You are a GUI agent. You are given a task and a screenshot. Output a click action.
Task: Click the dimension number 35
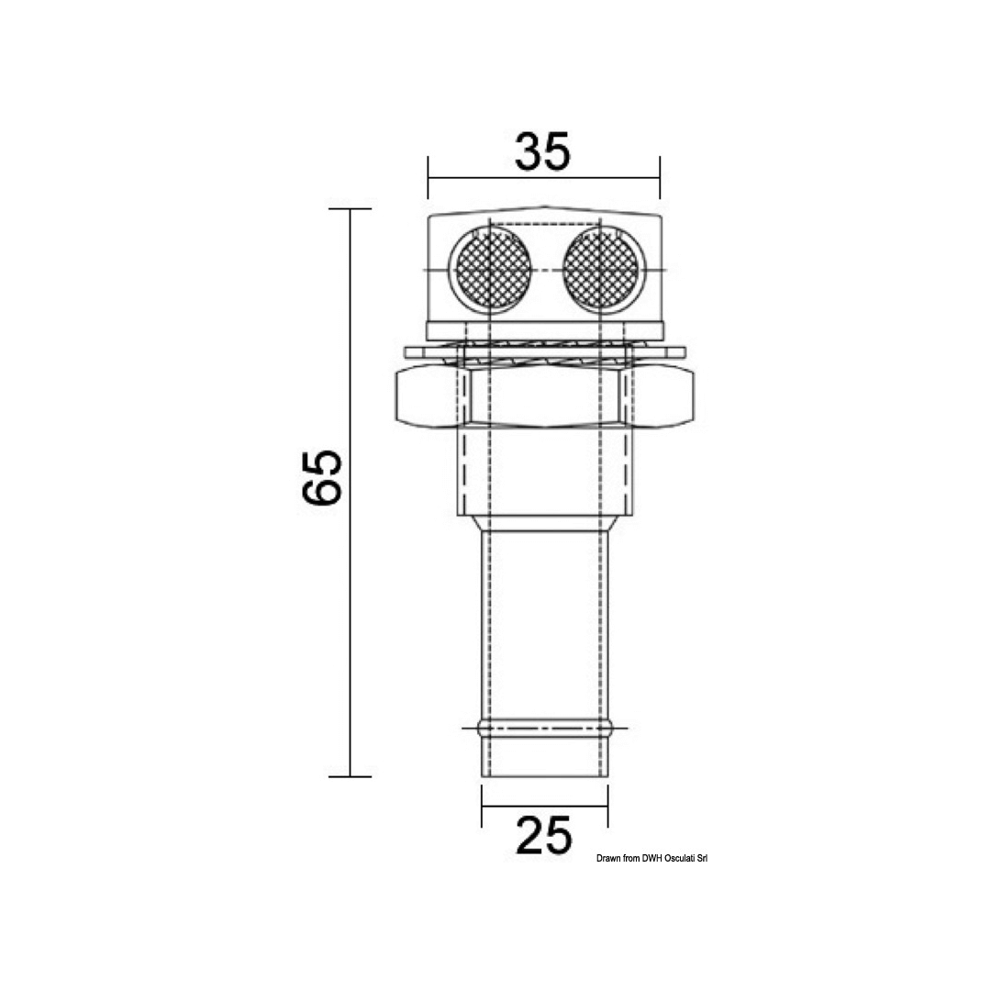point(543,151)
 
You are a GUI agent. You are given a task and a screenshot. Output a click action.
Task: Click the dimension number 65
point(321,478)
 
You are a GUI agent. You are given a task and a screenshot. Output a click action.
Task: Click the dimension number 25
point(544,836)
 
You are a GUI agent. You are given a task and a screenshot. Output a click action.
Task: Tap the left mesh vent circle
point(490,271)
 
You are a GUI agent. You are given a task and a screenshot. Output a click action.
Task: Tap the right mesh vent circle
point(601,271)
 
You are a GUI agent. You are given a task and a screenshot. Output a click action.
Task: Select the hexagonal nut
point(544,399)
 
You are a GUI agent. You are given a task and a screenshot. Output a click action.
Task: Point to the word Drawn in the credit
point(607,858)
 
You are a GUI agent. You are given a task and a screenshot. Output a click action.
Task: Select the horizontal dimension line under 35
point(544,178)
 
